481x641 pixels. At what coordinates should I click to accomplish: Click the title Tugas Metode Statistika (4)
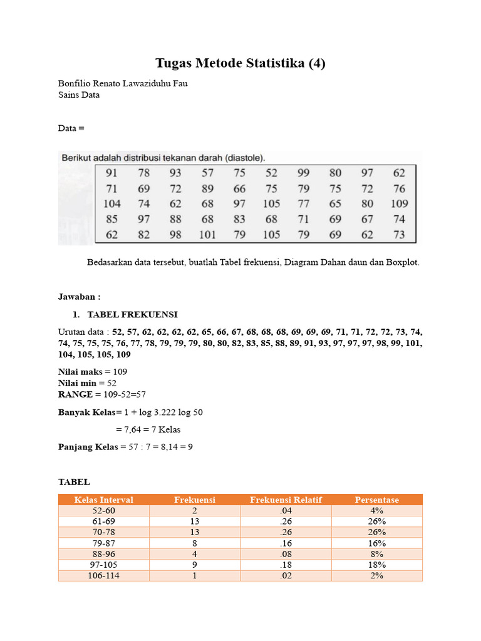click(x=240, y=63)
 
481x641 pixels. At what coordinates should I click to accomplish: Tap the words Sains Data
click(x=79, y=95)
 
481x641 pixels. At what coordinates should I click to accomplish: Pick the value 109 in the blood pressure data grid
click(x=398, y=203)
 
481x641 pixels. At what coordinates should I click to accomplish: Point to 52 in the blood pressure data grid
click(x=271, y=173)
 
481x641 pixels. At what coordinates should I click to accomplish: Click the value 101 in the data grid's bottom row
click(x=207, y=235)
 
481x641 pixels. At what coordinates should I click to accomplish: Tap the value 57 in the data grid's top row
click(x=207, y=173)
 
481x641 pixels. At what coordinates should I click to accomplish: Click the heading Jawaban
click(x=79, y=297)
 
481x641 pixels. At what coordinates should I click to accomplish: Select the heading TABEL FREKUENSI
click(x=132, y=314)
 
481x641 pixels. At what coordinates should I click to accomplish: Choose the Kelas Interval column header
click(x=103, y=500)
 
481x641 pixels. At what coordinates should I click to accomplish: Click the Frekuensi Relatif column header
click(x=286, y=500)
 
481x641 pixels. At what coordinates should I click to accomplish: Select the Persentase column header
click(x=376, y=500)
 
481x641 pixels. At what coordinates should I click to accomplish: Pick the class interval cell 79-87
click(x=103, y=543)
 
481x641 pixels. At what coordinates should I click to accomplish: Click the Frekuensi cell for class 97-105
click(x=195, y=565)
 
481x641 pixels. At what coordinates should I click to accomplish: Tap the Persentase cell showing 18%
click(x=376, y=565)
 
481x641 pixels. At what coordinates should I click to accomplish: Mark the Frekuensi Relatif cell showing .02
click(x=286, y=575)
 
